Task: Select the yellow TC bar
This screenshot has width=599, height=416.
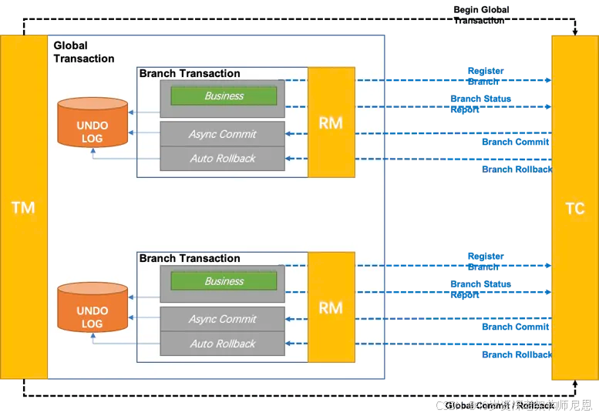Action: pyautogui.click(x=574, y=208)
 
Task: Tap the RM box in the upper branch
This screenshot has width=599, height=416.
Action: pyautogui.click(x=331, y=122)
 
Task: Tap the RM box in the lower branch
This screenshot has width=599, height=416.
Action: pyautogui.click(x=331, y=307)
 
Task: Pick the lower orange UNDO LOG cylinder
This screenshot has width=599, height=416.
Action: pyautogui.click(x=92, y=309)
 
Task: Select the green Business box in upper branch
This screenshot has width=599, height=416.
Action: pyautogui.click(x=224, y=96)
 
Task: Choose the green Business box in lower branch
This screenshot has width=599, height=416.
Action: pyautogui.click(x=224, y=281)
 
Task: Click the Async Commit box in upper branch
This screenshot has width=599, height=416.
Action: pyautogui.click(x=222, y=134)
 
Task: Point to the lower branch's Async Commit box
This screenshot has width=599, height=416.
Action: pyautogui.click(x=222, y=319)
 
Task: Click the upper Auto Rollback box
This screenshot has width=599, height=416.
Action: pyautogui.click(x=222, y=159)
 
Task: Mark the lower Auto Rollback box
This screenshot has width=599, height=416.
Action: pyautogui.click(x=222, y=344)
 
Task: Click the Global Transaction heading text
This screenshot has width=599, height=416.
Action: pyautogui.click(x=83, y=52)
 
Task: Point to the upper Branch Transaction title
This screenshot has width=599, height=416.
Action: pyautogui.click(x=190, y=74)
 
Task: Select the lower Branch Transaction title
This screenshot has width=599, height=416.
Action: pyautogui.click(x=190, y=259)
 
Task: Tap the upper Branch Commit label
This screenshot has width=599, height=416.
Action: pyautogui.click(x=515, y=142)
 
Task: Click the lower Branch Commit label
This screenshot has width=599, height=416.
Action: pyautogui.click(x=515, y=327)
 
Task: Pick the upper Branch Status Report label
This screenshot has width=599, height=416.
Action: pyautogui.click(x=480, y=104)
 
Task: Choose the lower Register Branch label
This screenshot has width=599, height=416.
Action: pyautogui.click(x=485, y=261)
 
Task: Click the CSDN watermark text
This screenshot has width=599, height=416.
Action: pyautogui.click(x=512, y=404)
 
